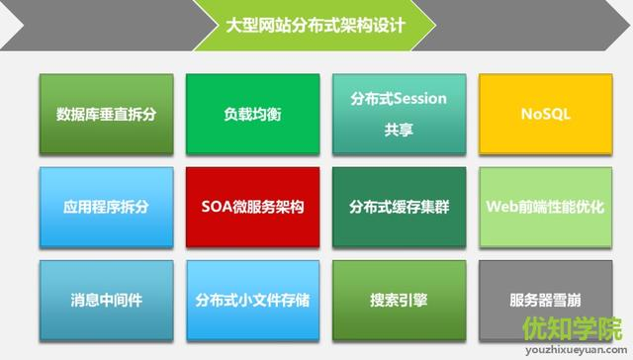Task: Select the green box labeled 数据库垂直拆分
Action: point(106,114)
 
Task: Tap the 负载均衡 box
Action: point(252,114)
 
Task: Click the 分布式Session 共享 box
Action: point(399,114)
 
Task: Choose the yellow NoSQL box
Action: point(545,114)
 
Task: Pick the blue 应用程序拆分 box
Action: point(106,208)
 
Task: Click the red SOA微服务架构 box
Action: point(252,208)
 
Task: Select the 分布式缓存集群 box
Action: point(399,208)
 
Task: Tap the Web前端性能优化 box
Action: point(545,208)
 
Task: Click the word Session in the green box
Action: point(421,99)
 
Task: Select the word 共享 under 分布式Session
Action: point(399,129)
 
